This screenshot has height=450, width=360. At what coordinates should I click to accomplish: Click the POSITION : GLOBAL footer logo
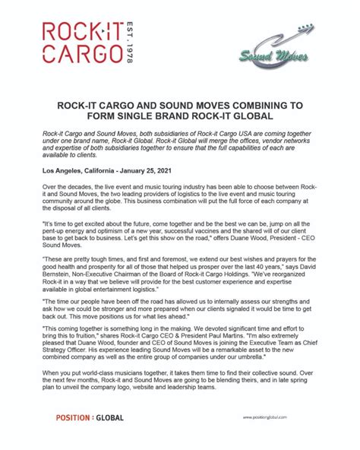90,417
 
